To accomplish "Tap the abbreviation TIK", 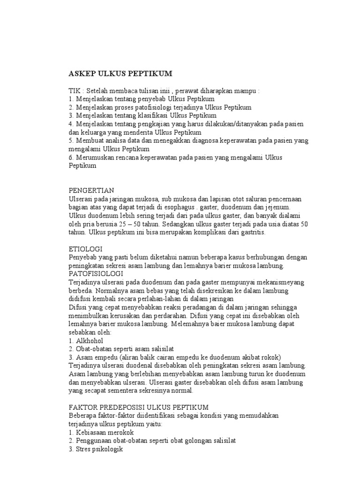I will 75,91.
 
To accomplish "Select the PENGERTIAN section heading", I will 91,190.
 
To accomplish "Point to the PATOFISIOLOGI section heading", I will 96,273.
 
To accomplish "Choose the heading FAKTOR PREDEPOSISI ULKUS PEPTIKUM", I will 139,407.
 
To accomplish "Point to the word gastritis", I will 253,232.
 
